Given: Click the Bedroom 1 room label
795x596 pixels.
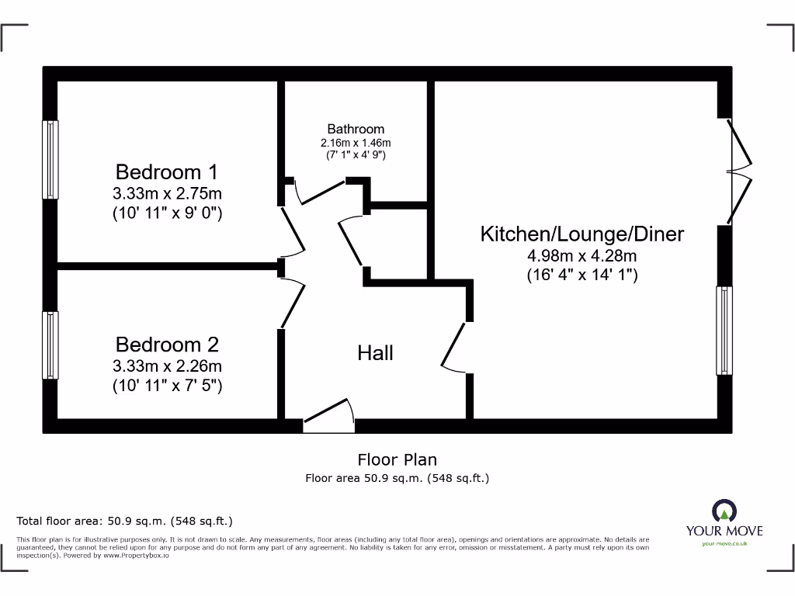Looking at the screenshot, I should [167, 172].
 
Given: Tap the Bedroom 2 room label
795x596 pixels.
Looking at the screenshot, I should [167, 345].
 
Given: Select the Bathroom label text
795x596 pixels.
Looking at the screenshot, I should [356, 129].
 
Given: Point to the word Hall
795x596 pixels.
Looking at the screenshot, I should [375, 353].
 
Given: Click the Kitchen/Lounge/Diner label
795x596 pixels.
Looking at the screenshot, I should [582, 234].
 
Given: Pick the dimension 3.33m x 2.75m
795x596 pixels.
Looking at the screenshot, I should [167, 194].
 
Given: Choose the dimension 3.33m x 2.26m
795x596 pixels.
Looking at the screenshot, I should [167, 366].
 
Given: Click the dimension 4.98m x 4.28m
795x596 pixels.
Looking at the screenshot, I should [582, 255].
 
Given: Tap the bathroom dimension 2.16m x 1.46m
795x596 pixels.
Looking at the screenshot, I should [356, 143].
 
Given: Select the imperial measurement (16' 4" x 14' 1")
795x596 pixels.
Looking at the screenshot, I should [582, 274].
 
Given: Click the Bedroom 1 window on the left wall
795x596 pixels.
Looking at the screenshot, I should [50, 159].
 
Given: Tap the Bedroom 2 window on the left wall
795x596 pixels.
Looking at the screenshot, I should [50, 345].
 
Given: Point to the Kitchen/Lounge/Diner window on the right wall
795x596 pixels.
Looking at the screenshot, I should [724, 331].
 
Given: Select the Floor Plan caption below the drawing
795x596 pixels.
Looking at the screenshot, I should [397, 460].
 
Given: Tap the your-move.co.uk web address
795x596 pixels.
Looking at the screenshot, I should [724, 543].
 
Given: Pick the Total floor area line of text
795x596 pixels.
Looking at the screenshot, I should [124, 521].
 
